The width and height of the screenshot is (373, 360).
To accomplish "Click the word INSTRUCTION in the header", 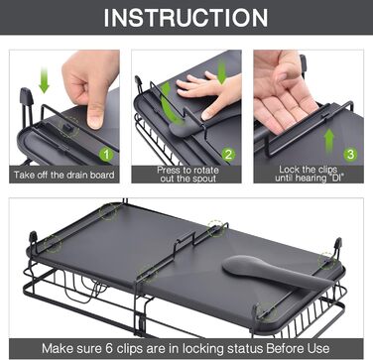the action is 186,17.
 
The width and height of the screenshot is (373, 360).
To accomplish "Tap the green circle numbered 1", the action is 106,154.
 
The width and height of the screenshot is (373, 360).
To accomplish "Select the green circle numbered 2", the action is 228,154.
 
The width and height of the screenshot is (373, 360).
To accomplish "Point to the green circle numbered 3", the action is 350,154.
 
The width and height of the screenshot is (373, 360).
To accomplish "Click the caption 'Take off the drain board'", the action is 64,175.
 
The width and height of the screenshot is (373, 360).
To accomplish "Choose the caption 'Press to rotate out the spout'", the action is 187,175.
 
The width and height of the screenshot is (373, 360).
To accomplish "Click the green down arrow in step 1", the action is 44,79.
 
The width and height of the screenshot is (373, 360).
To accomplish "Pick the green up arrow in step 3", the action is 329,140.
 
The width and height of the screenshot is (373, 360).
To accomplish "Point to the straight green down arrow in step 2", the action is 222,72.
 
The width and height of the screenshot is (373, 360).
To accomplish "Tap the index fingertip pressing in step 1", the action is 95,119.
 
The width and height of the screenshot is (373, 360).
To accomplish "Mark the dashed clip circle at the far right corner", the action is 326,261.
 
